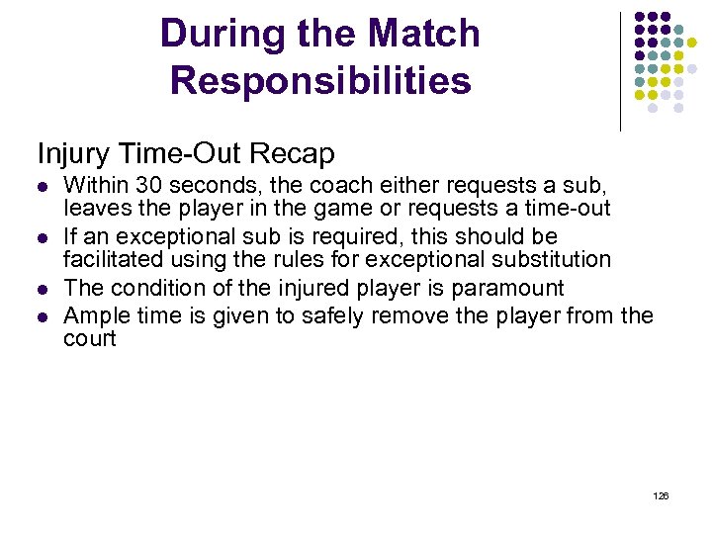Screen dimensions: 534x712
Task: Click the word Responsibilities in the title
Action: tap(320, 81)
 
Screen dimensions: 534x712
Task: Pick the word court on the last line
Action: tap(90, 339)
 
